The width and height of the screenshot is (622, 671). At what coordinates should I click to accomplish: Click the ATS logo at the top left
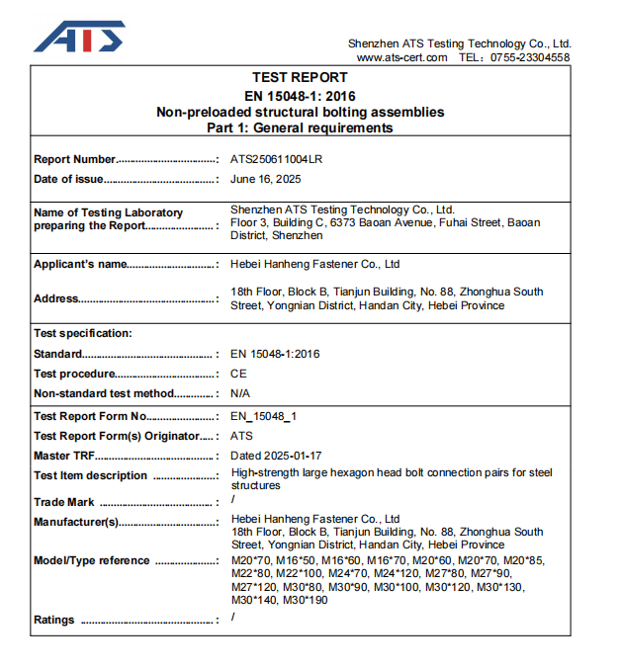(79, 37)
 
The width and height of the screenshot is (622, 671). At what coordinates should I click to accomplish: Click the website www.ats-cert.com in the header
(401, 57)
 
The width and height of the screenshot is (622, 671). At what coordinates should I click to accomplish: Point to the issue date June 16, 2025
(266, 179)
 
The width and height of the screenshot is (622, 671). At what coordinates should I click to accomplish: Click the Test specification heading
(83, 333)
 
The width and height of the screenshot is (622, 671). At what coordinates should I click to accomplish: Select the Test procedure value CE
(238, 374)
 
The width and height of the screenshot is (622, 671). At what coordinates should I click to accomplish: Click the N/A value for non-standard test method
(239, 393)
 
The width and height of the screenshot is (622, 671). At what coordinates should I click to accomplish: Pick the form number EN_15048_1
(264, 416)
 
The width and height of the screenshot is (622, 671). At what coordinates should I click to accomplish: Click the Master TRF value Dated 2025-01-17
(276, 456)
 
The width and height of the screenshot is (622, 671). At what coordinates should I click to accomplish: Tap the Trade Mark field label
(64, 502)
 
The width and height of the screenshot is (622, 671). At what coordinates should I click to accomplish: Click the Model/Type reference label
(92, 560)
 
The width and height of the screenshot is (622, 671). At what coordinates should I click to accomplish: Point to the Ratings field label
(54, 620)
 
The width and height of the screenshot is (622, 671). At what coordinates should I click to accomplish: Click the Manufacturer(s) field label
(76, 522)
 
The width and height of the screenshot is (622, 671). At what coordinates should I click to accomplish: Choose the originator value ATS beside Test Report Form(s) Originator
(242, 436)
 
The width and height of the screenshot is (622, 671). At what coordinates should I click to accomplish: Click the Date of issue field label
(68, 179)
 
